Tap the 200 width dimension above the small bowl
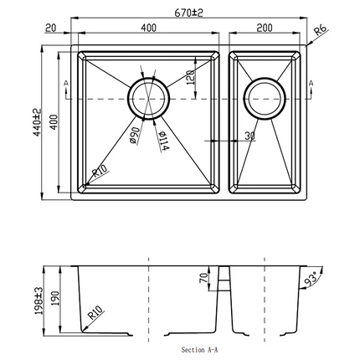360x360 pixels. point(265,28)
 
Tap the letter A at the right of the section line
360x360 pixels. point(311,83)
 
